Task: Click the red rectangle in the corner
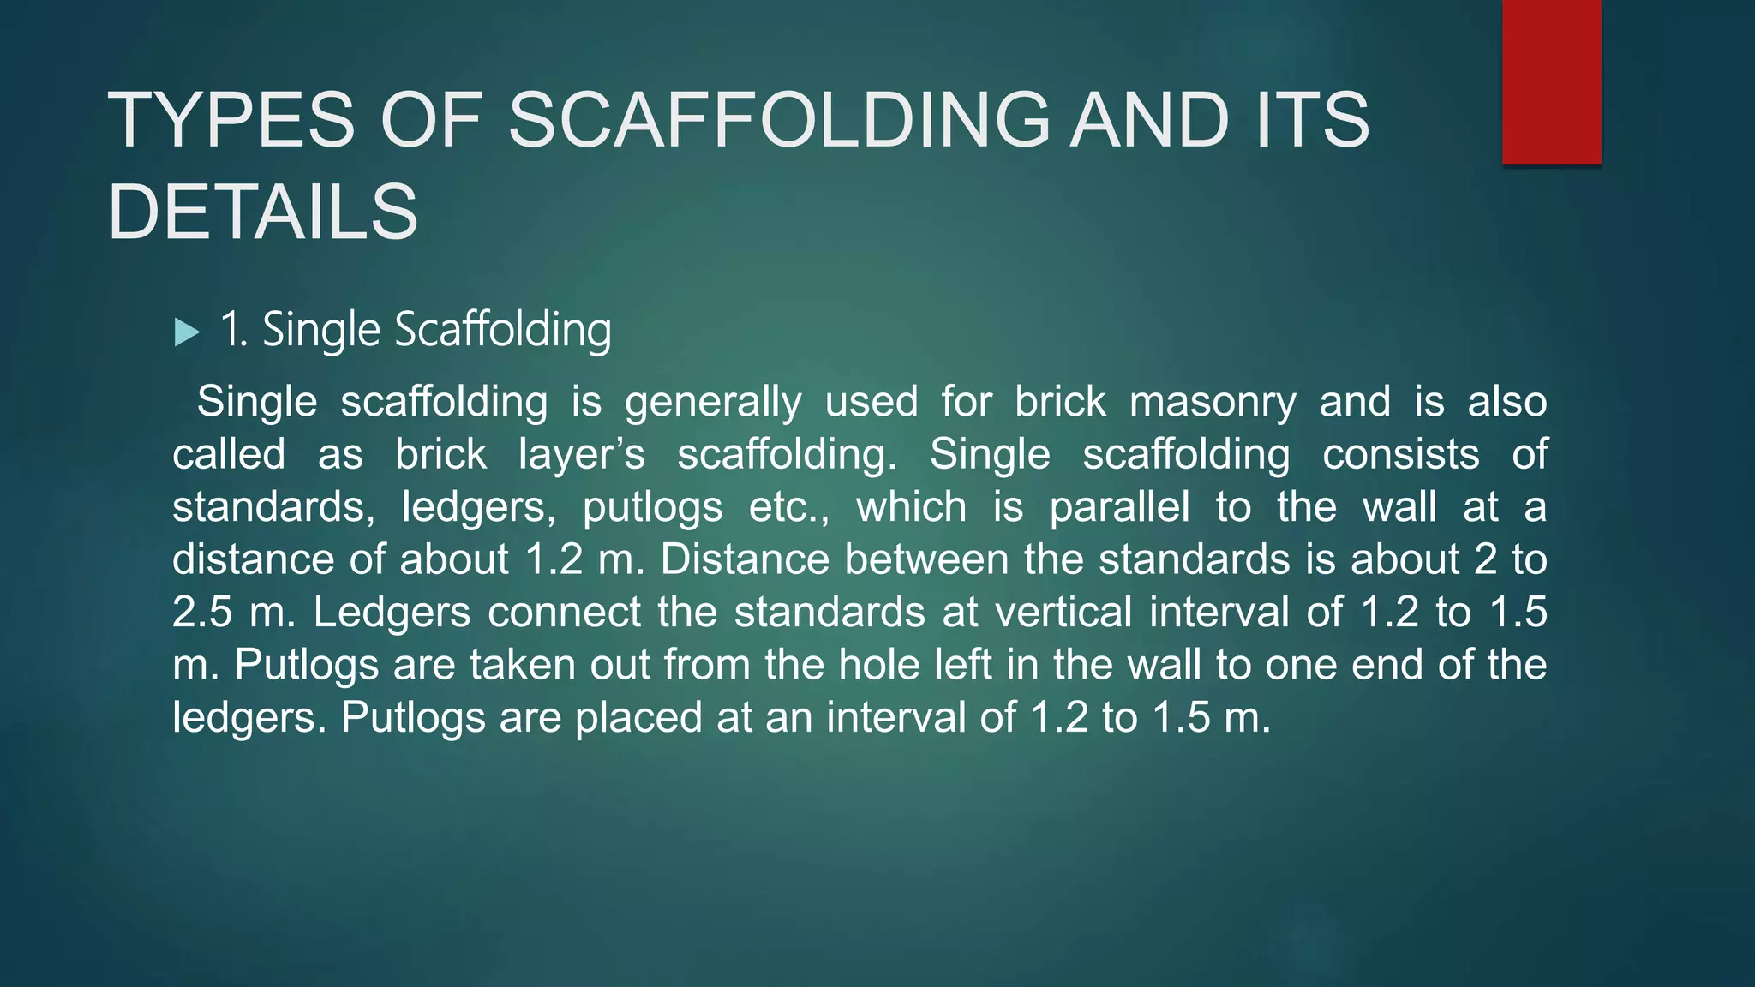1551,82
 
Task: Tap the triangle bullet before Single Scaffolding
187,332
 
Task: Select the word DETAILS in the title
263,212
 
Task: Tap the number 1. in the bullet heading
234,330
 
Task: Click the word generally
713,403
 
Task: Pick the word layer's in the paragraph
581,454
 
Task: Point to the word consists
1400,454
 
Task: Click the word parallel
1119,507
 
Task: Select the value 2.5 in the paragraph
202,613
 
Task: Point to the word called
229,454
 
